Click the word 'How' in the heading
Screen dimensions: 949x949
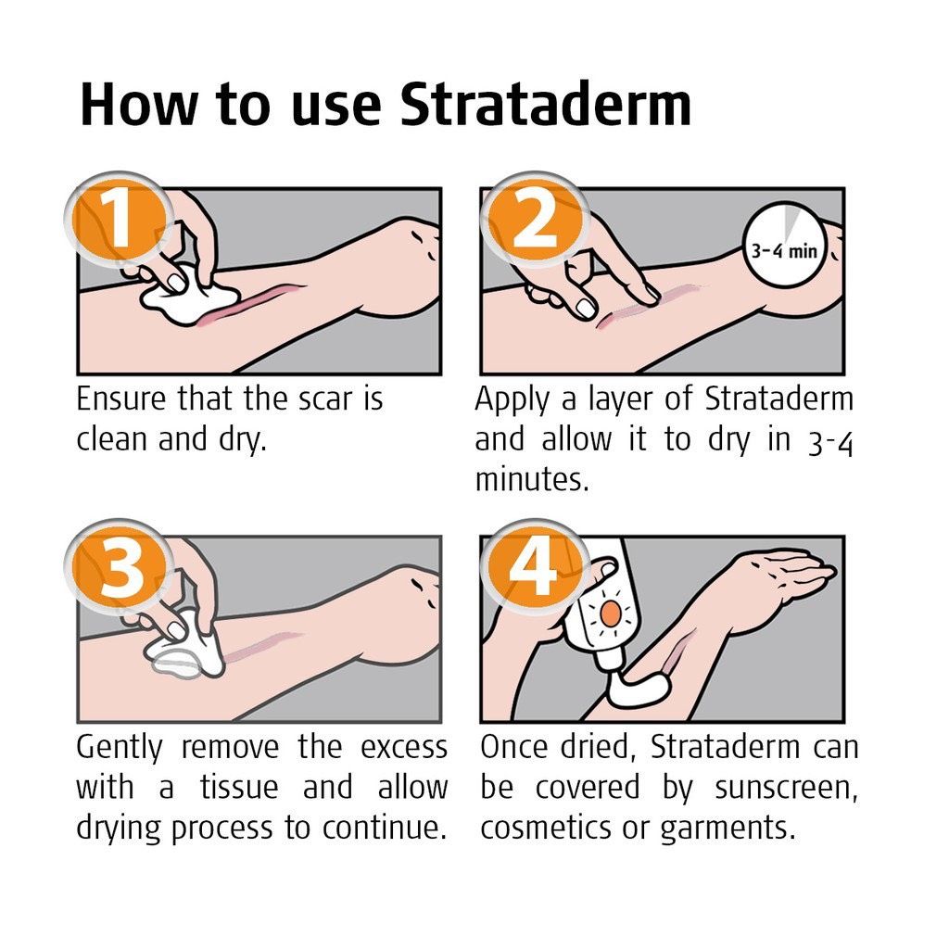coord(140,104)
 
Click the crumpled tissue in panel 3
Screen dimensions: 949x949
coord(185,649)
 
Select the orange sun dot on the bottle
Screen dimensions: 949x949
coord(608,614)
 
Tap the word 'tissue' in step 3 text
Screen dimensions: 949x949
coord(238,788)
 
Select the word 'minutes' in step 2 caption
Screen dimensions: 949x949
coord(531,480)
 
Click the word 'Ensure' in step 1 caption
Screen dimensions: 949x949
coord(120,399)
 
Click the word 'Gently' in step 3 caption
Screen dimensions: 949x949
coord(120,747)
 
